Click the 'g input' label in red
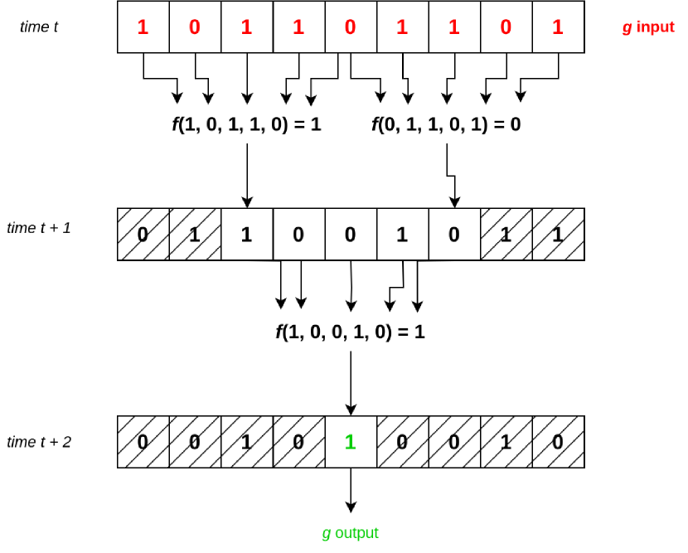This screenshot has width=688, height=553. click(648, 27)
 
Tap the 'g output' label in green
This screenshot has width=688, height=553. click(350, 533)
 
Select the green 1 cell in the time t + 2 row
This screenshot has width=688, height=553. click(350, 442)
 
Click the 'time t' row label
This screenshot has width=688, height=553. click(39, 27)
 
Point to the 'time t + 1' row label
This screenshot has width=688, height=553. click(38, 228)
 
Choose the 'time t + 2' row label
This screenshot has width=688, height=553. click(38, 442)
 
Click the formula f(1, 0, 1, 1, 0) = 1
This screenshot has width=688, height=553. click(245, 125)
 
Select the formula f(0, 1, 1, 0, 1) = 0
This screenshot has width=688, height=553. click(446, 125)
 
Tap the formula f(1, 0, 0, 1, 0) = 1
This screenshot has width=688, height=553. click(350, 332)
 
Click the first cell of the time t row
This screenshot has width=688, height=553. click(143, 27)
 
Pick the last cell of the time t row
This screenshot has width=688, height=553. click(557, 27)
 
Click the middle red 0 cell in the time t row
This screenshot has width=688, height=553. click(350, 27)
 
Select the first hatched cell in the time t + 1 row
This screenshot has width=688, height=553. click(143, 234)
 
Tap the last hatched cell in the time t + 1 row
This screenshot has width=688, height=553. click(557, 234)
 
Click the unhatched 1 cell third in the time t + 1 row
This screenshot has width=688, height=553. click(246, 234)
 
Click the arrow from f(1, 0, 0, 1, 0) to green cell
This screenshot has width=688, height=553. click(351, 381)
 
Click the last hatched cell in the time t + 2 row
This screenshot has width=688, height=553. click(557, 442)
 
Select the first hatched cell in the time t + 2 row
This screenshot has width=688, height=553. click(143, 442)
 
